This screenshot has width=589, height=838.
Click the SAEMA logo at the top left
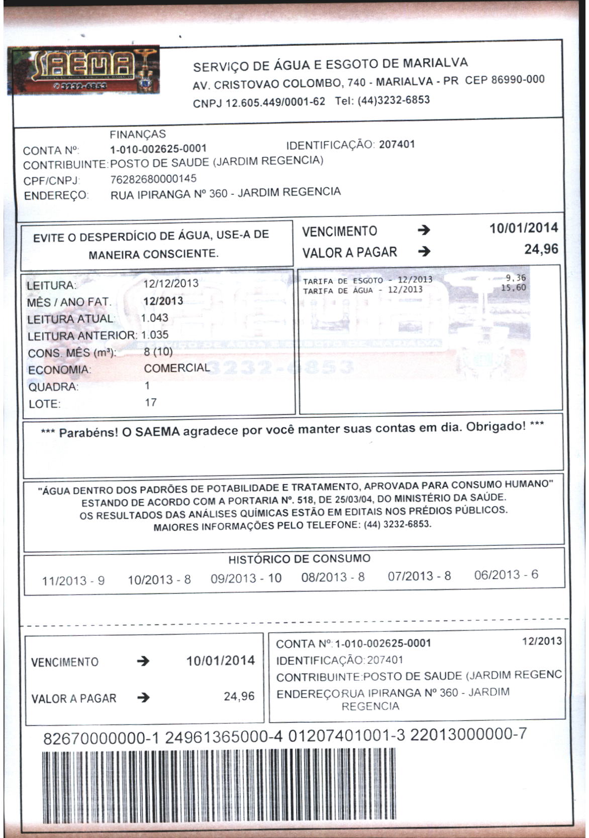(85, 70)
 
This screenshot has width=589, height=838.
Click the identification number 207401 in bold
(397, 145)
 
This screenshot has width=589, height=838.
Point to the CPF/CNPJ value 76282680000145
(153, 179)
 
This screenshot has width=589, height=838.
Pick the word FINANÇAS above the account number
(137, 134)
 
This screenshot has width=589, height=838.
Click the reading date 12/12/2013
(171, 284)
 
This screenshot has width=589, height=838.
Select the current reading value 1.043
(155, 318)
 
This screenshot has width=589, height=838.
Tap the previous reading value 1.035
(155, 335)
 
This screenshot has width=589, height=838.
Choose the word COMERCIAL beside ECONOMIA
(176, 368)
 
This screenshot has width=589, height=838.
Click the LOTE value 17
(150, 403)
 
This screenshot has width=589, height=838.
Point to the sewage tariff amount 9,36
(516, 278)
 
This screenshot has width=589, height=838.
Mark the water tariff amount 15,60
(514, 288)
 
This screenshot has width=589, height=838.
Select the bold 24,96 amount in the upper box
(541, 250)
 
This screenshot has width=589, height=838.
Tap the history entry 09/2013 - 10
(246, 578)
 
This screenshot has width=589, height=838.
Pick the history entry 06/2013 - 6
(506, 575)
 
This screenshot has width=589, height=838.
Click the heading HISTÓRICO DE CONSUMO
(299, 559)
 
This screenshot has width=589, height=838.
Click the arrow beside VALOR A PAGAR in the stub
(143, 697)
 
